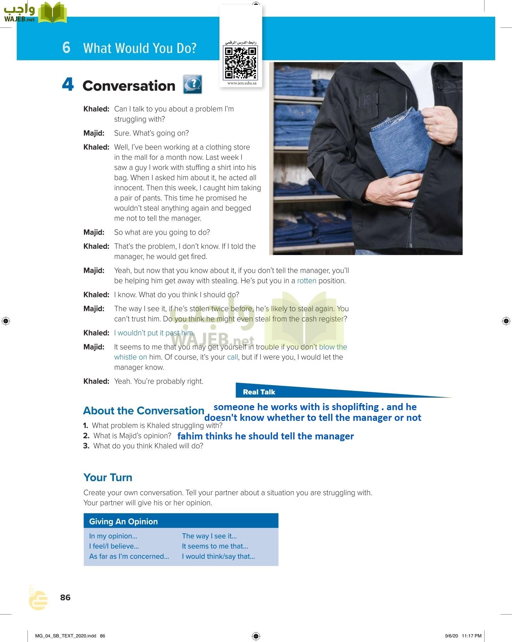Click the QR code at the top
click(240, 63)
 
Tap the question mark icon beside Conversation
click(192, 85)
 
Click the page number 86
click(65, 597)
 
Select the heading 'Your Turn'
click(108, 478)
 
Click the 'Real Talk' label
click(259, 392)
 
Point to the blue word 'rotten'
click(307, 281)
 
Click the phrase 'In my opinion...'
click(113, 536)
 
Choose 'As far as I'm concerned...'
click(129, 556)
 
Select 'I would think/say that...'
click(219, 556)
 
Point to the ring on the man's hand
click(428, 127)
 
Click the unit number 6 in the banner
click(66, 48)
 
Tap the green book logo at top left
click(52, 13)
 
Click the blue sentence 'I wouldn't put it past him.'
click(154, 333)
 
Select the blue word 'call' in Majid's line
click(232, 357)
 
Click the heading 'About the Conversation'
click(144, 411)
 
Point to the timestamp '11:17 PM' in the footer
click(471, 636)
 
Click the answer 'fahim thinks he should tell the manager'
click(266, 436)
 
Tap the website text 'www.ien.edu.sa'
click(242, 83)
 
